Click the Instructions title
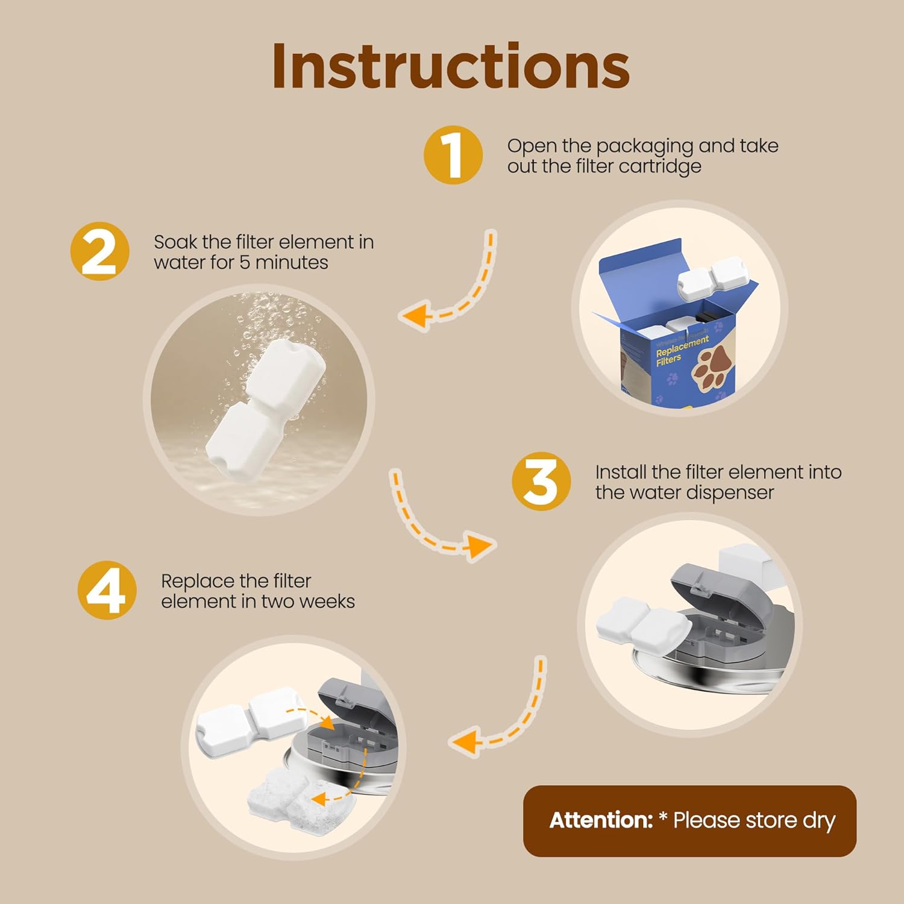tap(451, 66)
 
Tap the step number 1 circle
tap(453, 155)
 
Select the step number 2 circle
tap(99, 251)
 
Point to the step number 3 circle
tap(541, 482)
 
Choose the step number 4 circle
tap(107, 591)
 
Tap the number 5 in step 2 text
tap(244, 263)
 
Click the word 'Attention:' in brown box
tap(601, 820)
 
